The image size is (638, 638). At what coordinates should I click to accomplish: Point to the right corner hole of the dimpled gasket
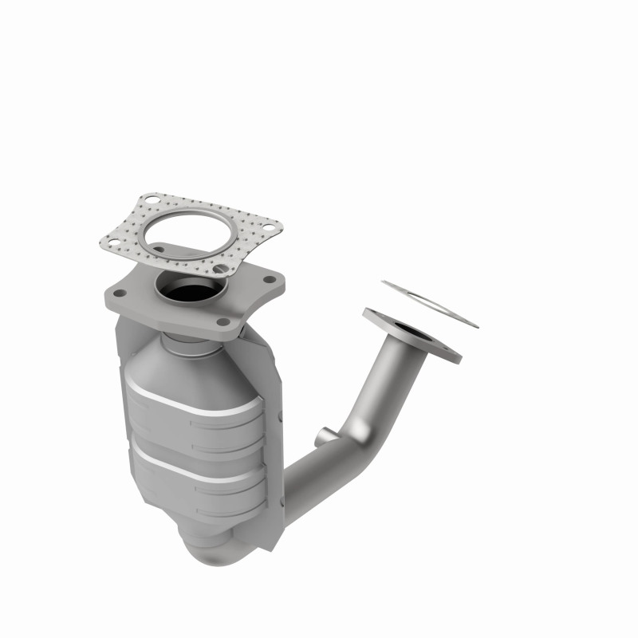(269, 230)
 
